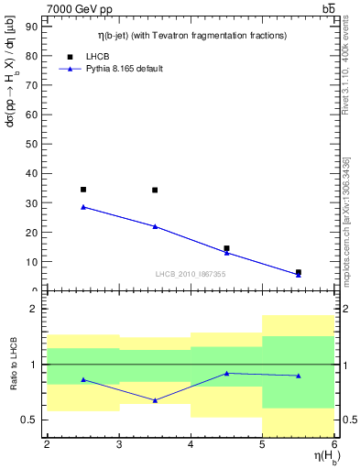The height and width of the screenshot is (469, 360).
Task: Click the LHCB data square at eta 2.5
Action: coord(83,190)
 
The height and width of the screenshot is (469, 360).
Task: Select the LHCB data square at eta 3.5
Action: coord(155,191)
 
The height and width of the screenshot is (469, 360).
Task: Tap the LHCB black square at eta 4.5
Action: coord(226,248)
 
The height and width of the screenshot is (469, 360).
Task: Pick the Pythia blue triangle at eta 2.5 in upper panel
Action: coord(83,206)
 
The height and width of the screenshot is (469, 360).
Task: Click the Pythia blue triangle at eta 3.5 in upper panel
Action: coord(155,226)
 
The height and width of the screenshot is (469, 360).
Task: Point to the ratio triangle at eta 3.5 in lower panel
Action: coord(155,400)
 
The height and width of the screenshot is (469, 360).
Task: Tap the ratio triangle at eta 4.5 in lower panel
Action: coord(226,373)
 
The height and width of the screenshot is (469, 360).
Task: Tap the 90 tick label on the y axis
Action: coord(34,27)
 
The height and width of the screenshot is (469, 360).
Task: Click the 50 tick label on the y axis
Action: coord(34,144)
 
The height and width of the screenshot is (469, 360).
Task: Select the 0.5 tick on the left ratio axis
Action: coord(33,420)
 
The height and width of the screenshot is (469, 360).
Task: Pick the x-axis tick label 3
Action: coord(119,445)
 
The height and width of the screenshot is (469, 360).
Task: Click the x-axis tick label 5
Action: coord(262,445)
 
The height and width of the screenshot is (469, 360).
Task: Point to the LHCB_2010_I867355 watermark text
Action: coord(191,274)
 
